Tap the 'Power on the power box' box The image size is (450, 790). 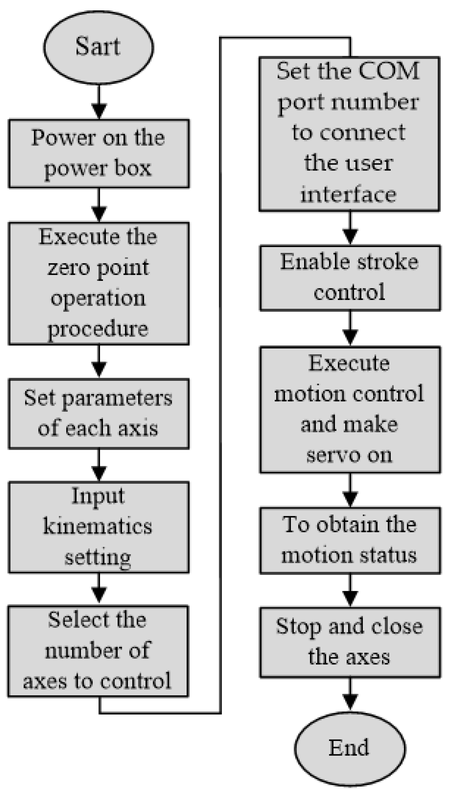pos(98,154)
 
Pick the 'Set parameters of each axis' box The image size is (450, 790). pos(98,414)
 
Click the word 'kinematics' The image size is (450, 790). pos(98,526)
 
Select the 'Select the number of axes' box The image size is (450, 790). pos(98,651)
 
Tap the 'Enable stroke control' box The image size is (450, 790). pos(350,277)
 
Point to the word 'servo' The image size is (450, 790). pos(328,455)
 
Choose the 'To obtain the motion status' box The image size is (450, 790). pos(350,540)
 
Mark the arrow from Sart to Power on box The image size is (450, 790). pos(99,102)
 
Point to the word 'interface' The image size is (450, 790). pos(349,194)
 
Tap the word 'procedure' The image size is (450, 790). pos(98,329)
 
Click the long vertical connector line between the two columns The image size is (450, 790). pos(220,372)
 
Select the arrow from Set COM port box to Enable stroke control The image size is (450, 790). pos(350,228)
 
